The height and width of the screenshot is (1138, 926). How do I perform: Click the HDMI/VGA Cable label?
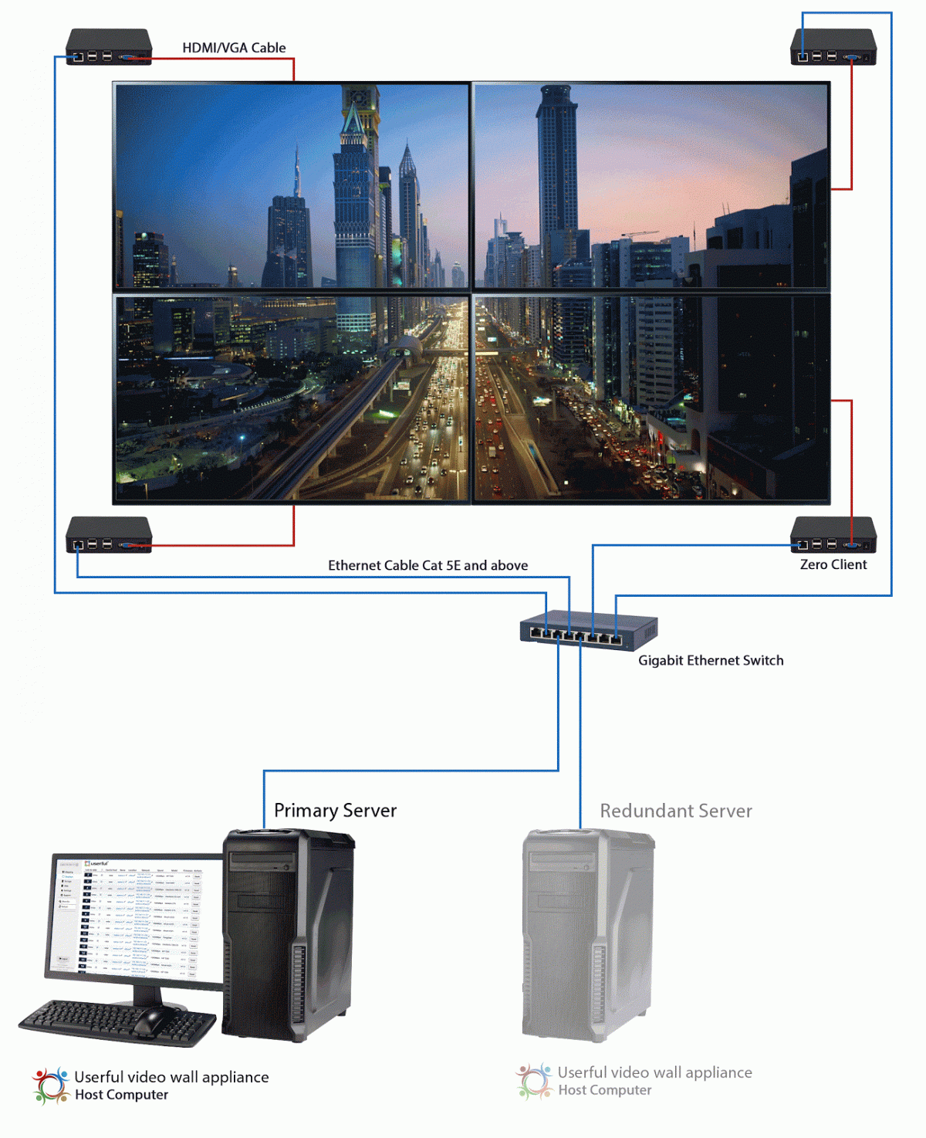[234, 48]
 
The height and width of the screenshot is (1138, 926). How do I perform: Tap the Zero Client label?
[833, 564]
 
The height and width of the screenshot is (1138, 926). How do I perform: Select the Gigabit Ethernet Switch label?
[711, 660]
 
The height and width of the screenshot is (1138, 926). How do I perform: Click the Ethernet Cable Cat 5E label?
[428, 565]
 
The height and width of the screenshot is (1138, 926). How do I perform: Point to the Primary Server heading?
[335, 811]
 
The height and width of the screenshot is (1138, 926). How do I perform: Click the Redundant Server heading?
[676, 811]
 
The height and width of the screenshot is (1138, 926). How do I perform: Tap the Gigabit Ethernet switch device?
[588, 630]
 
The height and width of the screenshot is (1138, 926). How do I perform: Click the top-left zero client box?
[108, 47]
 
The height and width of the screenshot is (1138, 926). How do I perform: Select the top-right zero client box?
[833, 47]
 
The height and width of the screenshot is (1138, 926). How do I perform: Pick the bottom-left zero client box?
[108, 535]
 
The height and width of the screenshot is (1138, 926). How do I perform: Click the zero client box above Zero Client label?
[833, 535]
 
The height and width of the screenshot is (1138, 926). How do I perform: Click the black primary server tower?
[289, 934]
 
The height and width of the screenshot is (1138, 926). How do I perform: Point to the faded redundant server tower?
[588, 934]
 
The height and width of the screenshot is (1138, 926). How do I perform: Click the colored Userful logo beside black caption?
[51, 1085]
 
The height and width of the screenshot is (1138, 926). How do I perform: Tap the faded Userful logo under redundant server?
[534, 1081]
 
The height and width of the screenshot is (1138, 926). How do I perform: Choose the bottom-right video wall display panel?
[651, 398]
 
